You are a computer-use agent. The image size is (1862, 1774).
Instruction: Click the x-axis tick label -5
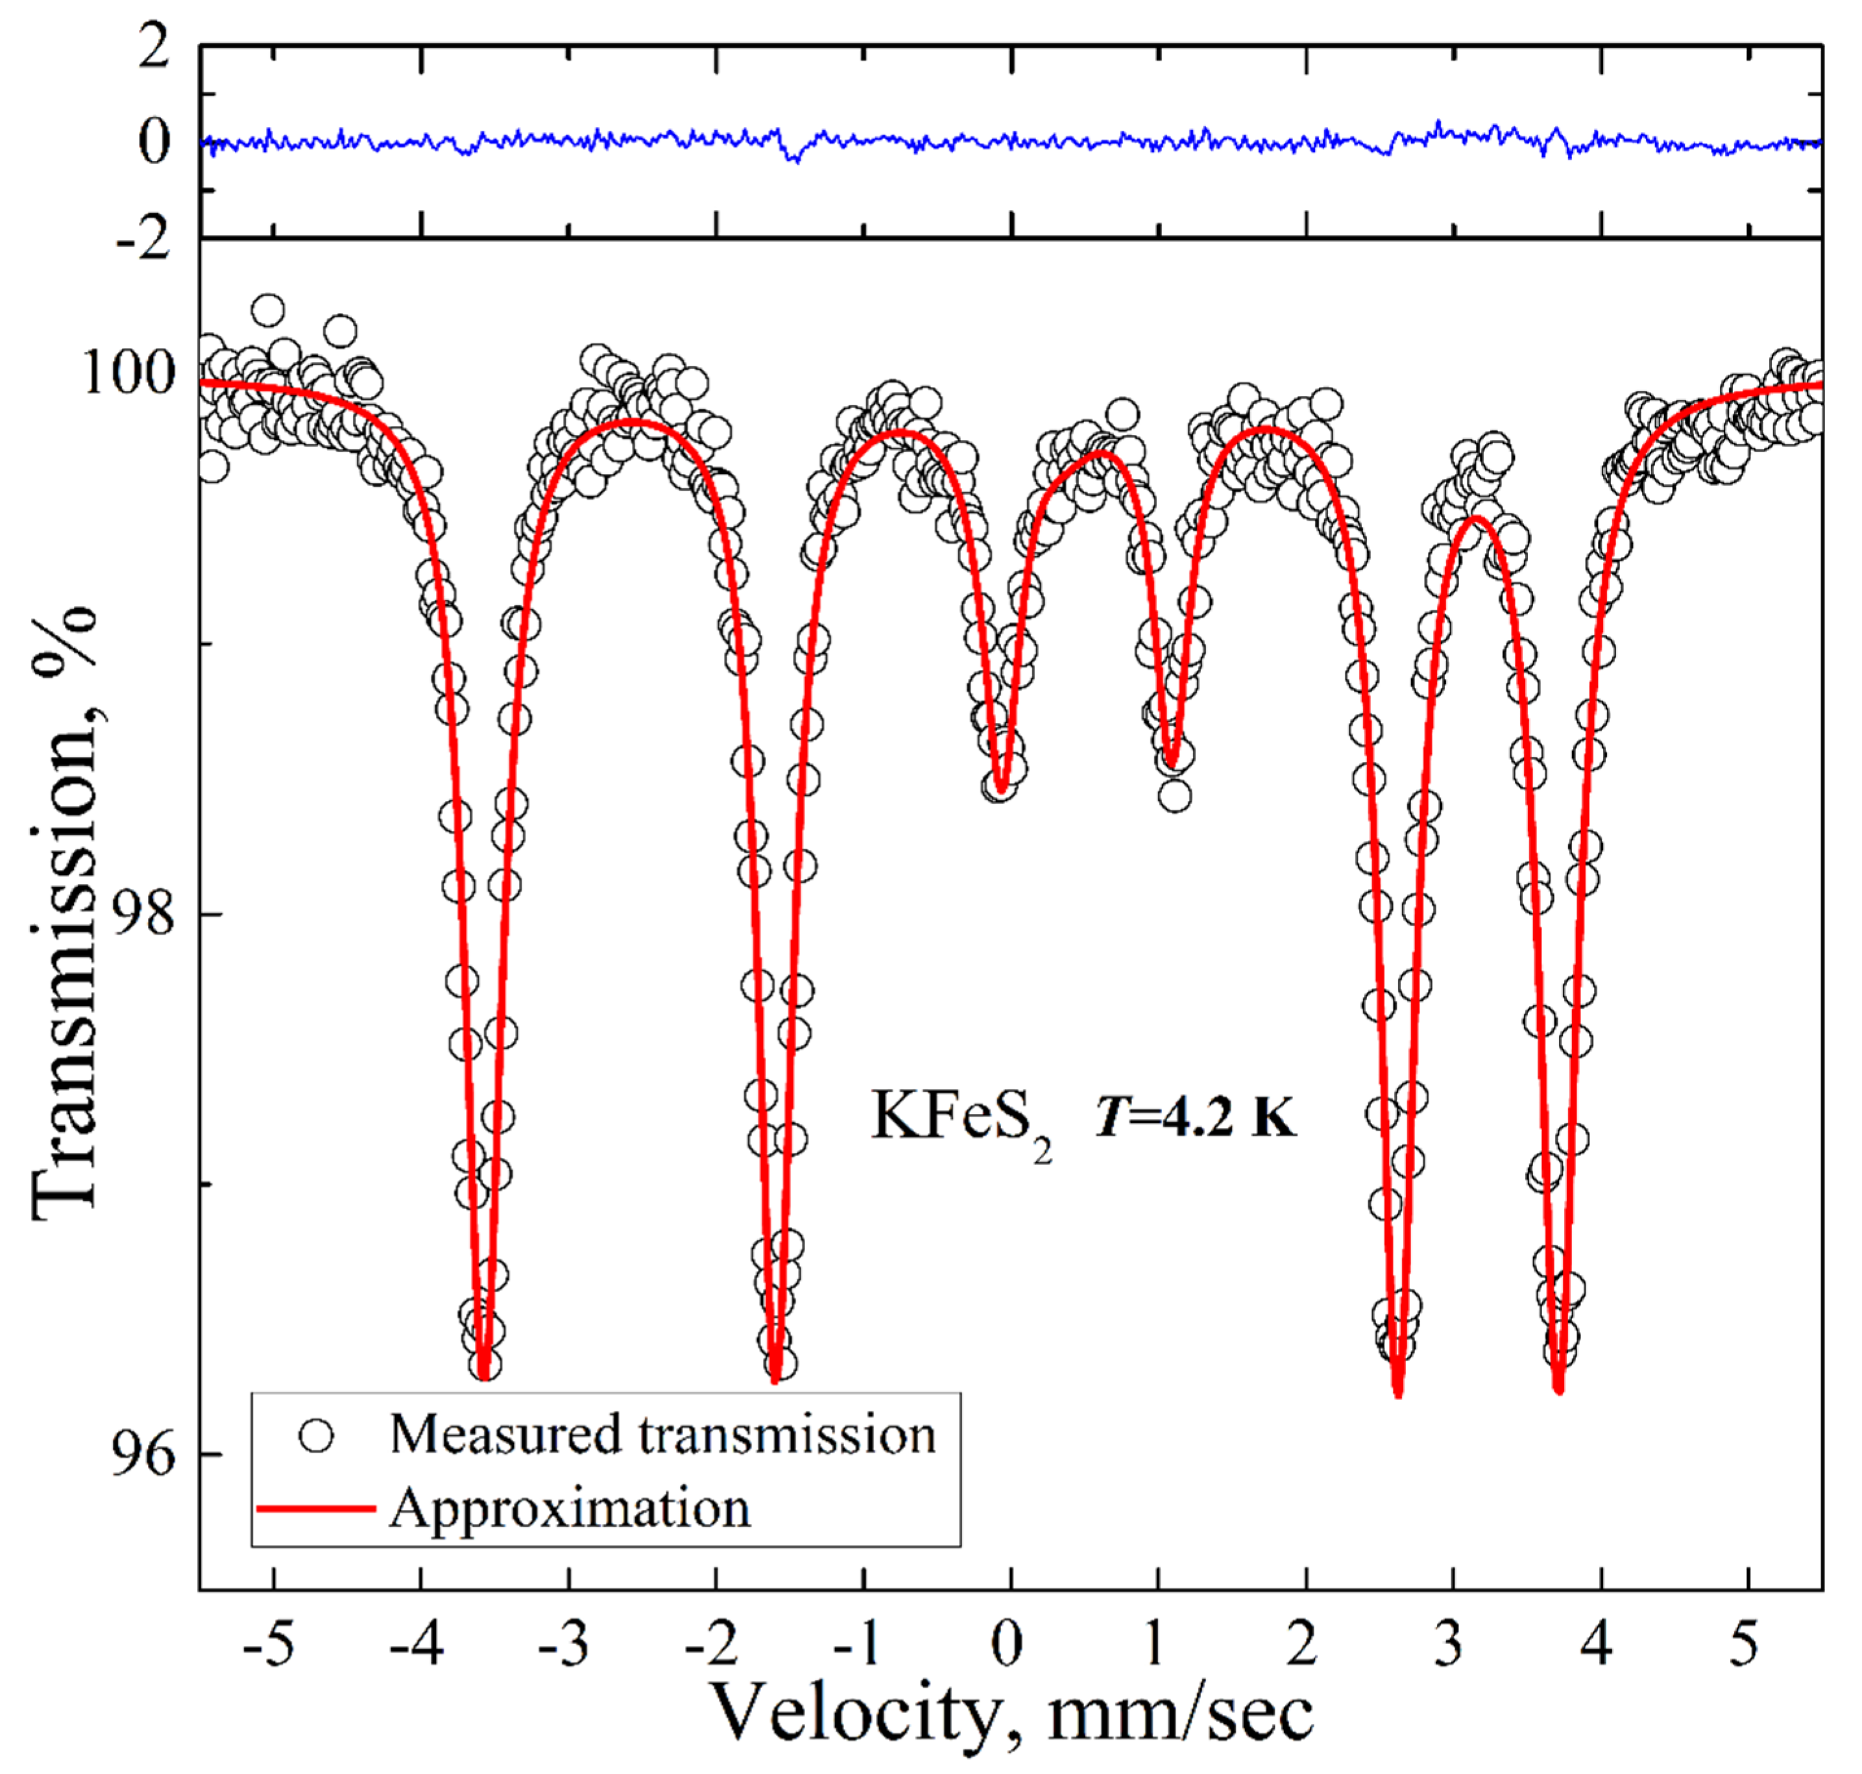[267, 1647]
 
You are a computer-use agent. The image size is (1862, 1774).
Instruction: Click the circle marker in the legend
[316, 1435]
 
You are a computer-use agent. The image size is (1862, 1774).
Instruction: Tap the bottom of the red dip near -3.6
[484, 1377]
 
